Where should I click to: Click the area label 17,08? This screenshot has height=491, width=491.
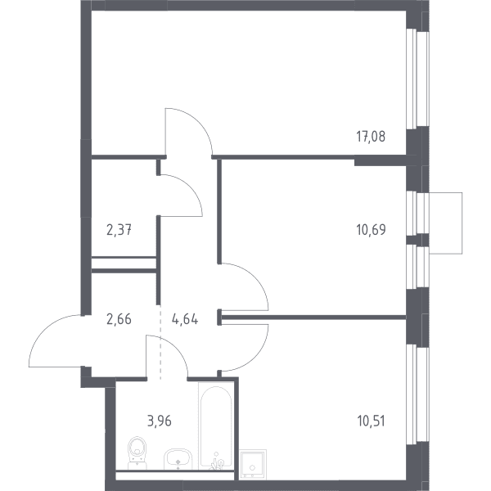(x=371, y=137)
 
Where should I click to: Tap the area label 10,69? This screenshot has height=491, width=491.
(x=371, y=230)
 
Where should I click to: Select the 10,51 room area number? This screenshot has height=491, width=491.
(x=371, y=421)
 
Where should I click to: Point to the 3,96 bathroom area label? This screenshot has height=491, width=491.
(x=160, y=421)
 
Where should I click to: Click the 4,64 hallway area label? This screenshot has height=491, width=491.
(x=185, y=319)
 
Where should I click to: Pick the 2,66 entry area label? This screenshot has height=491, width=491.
(x=119, y=319)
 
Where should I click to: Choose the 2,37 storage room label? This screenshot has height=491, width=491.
(x=119, y=231)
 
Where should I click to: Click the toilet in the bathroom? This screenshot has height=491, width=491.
(x=137, y=453)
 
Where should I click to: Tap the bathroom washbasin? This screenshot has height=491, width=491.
(x=178, y=459)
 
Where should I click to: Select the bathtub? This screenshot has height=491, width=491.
(x=216, y=426)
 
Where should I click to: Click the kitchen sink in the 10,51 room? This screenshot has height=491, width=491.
(x=252, y=464)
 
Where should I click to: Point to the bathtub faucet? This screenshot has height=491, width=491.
(x=217, y=462)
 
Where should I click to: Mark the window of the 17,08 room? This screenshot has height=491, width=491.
(x=417, y=79)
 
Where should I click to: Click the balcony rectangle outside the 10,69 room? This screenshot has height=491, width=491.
(x=446, y=223)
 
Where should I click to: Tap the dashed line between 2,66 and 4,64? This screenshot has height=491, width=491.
(x=160, y=342)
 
